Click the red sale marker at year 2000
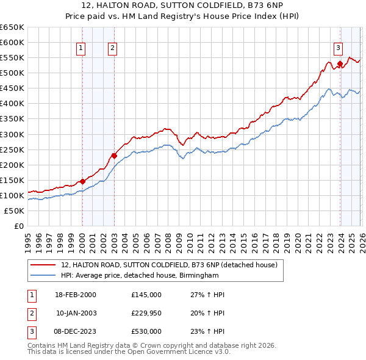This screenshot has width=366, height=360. (x=82, y=181)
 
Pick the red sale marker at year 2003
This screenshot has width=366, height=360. (x=113, y=155)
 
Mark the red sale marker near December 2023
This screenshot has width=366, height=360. (x=339, y=63)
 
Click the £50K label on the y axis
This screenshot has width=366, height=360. (x=14, y=211)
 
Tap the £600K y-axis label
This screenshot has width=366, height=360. (x=12, y=42)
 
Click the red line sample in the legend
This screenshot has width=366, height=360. (x=43, y=265)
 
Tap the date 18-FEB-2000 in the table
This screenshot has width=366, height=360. (x=76, y=295)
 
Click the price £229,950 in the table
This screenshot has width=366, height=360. (x=146, y=313)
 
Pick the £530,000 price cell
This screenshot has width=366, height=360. (x=146, y=331)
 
